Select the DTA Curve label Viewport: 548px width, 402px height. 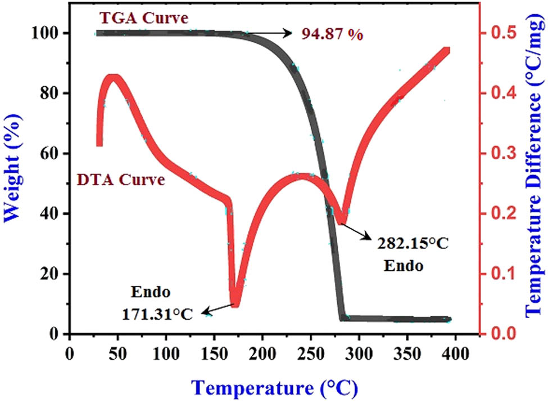click(x=121, y=181)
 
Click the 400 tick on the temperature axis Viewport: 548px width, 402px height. click(x=455, y=357)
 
